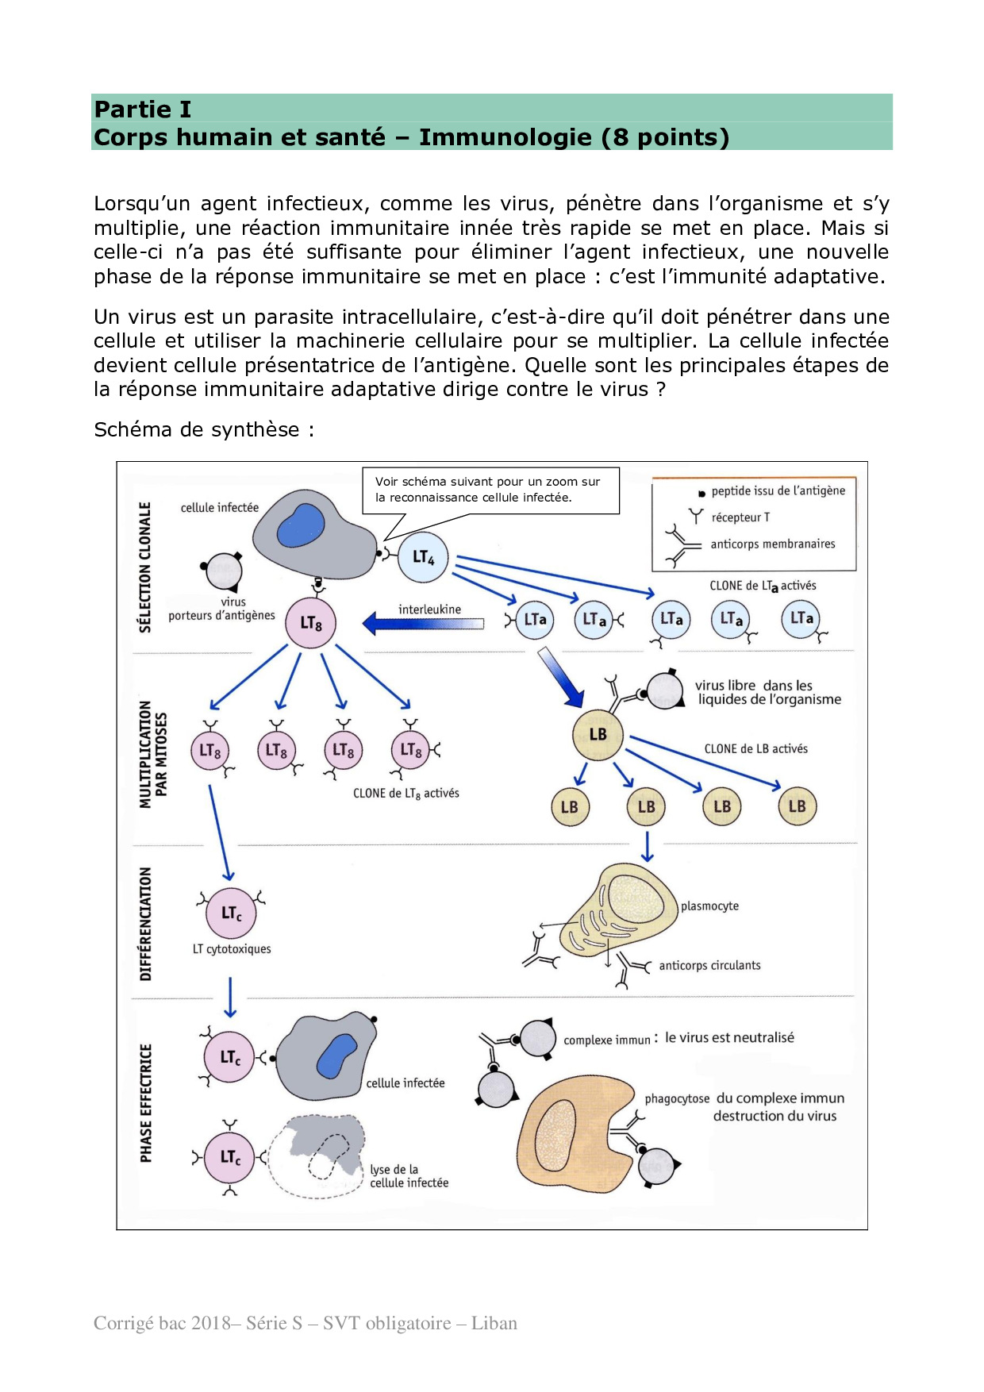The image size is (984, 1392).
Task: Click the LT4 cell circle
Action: [x=423, y=557]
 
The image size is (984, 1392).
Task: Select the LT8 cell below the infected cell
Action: [x=310, y=623]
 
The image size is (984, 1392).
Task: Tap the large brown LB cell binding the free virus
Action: [x=598, y=735]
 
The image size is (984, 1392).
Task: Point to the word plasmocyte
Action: [x=709, y=906]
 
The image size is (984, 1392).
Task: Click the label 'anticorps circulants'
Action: [x=709, y=966]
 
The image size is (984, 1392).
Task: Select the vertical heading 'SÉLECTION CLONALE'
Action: [x=144, y=567]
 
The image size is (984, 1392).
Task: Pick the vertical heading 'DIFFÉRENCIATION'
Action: [x=145, y=924]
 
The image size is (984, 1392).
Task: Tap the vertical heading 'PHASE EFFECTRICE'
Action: [x=146, y=1103]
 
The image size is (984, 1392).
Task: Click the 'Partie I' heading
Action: [x=143, y=109]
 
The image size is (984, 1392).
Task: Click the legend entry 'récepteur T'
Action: [x=740, y=517]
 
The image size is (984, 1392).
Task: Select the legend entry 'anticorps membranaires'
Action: [x=772, y=544]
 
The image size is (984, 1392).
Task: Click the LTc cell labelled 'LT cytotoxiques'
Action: [x=231, y=913]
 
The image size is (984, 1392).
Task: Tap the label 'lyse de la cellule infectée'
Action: [x=409, y=1176]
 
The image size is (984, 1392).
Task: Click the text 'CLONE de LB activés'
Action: [x=755, y=749]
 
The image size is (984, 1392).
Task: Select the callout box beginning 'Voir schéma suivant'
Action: [x=490, y=490]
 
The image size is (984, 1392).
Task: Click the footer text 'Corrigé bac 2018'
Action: [x=305, y=1323]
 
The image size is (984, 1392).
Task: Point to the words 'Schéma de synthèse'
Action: [x=203, y=429]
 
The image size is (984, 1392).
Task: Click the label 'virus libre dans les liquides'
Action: [x=767, y=692]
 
